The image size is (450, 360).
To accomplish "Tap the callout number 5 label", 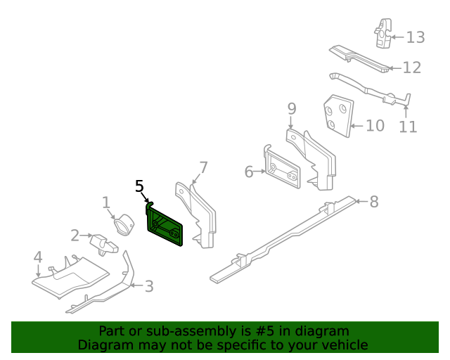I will tap(139, 186).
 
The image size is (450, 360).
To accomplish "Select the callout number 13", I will tap(416, 37).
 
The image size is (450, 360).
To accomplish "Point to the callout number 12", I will tap(411, 67).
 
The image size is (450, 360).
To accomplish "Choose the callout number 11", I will tap(408, 127).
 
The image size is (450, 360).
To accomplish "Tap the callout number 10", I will tap(375, 126).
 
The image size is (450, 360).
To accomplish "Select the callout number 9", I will tap(292, 108).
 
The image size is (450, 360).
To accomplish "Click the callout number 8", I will tap(374, 202).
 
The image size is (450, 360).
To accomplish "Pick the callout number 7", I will tap(203, 167).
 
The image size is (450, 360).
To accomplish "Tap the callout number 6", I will tap(249, 172).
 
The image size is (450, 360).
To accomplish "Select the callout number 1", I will tap(106, 202).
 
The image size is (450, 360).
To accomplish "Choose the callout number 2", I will tap(75, 236).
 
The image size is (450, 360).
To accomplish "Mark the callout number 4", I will tap(37, 257).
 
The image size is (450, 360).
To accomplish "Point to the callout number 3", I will tap(148, 286).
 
